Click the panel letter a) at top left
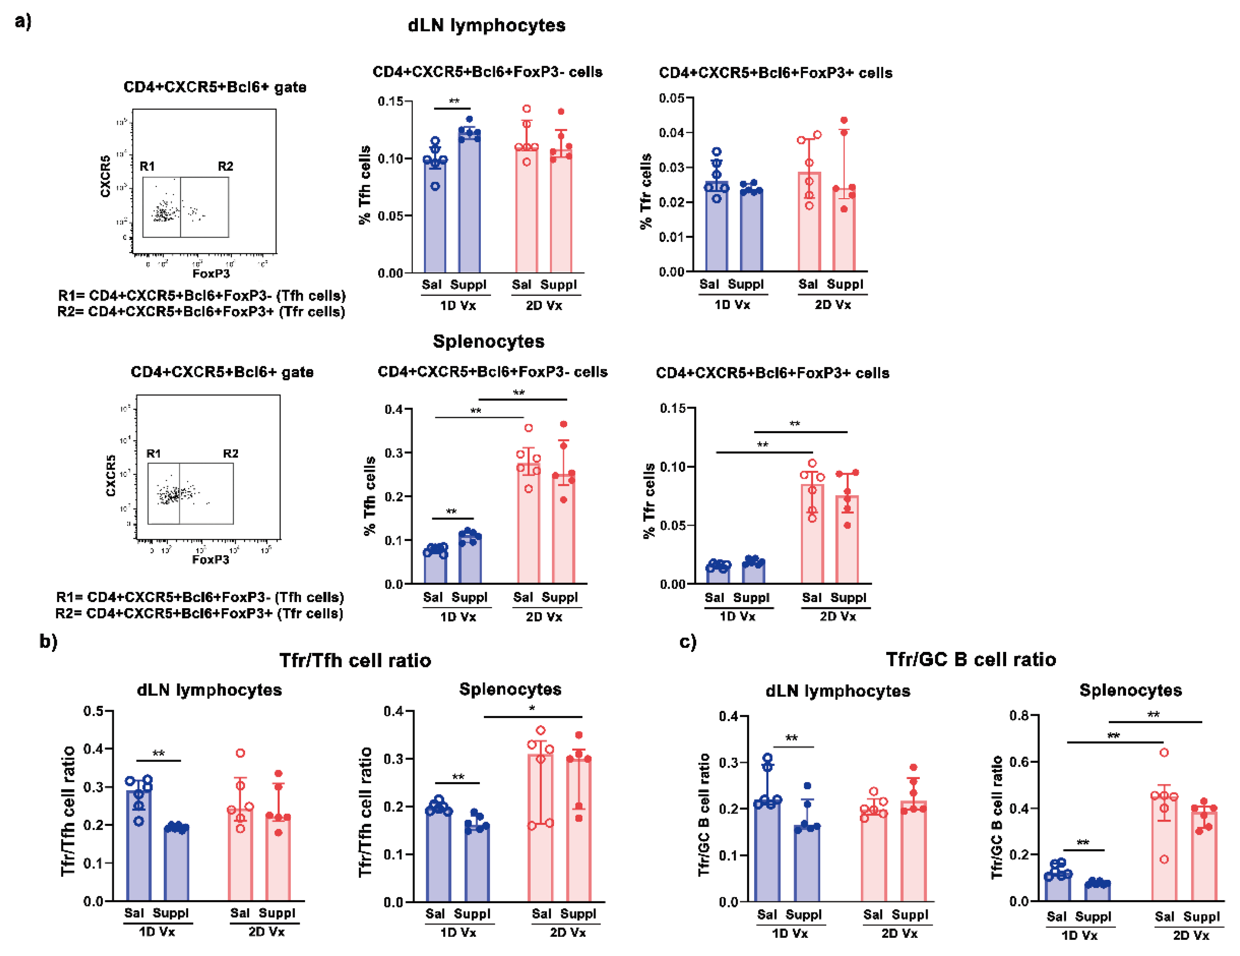23,22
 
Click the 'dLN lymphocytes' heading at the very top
486,26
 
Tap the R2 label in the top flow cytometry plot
226,166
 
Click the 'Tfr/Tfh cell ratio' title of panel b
355,660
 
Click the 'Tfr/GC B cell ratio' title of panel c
970,659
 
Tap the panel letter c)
688,642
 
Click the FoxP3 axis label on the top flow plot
211,274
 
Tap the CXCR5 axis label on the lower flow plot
111,475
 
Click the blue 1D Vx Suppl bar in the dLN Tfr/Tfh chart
176,864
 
